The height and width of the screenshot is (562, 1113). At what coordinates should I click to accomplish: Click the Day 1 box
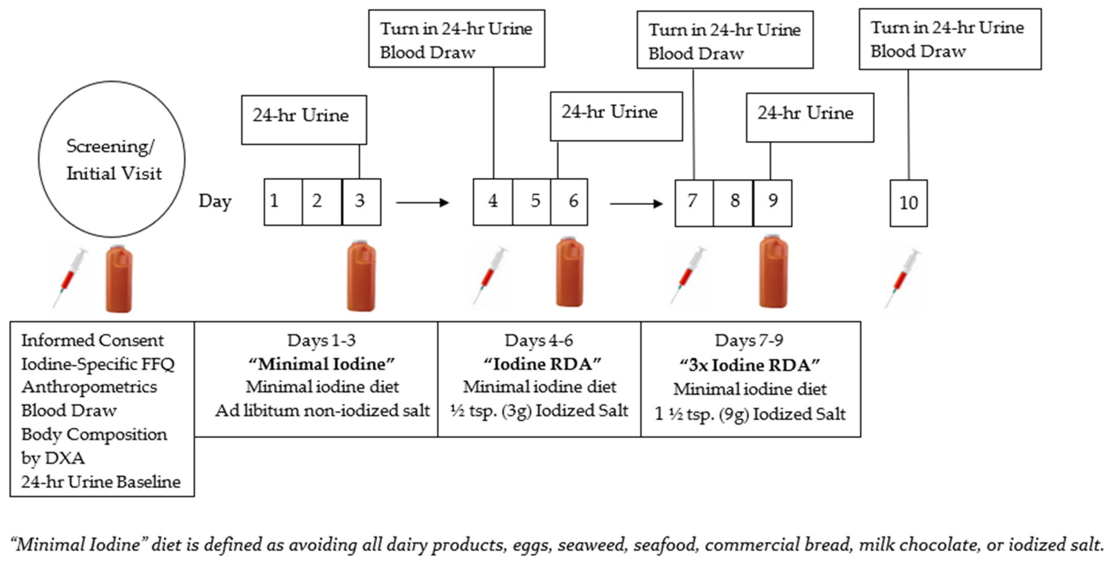coord(283,202)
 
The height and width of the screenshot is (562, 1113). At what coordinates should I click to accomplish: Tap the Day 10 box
coord(908,203)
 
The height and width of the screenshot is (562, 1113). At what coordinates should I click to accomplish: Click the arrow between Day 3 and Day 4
coord(422,202)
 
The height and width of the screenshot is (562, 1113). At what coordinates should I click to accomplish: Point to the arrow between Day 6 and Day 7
coord(636,203)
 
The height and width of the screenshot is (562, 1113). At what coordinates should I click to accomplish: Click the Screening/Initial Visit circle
coord(112,159)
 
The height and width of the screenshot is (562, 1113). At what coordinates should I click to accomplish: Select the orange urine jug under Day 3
coord(361,277)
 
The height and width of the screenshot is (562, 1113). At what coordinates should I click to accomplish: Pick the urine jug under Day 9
coord(773,272)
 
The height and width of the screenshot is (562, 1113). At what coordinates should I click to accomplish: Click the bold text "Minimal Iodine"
coord(321,364)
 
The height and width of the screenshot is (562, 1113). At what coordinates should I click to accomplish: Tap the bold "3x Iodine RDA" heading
coord(750,365)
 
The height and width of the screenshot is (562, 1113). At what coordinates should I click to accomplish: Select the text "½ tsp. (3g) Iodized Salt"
coord(539,410)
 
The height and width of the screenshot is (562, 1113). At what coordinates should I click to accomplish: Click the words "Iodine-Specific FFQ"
coord(98,364)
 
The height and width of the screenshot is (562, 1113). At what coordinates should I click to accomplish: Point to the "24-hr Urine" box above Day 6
coord(616,116)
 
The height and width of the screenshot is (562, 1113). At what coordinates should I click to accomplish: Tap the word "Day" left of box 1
coord(215,201)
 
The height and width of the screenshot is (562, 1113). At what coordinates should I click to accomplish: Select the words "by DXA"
coord(53,458)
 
